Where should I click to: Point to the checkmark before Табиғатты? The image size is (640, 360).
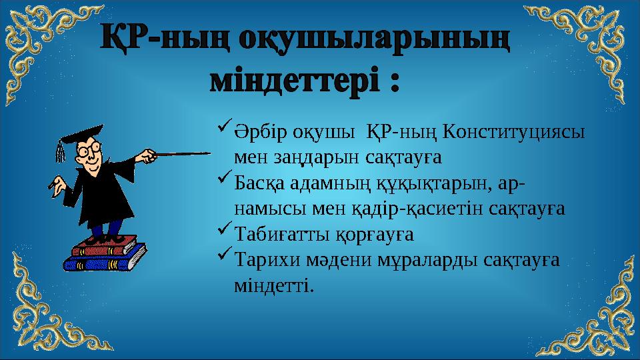point(224,230)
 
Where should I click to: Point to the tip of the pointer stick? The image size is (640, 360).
point(208,153)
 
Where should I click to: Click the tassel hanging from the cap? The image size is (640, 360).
point(61,152)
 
